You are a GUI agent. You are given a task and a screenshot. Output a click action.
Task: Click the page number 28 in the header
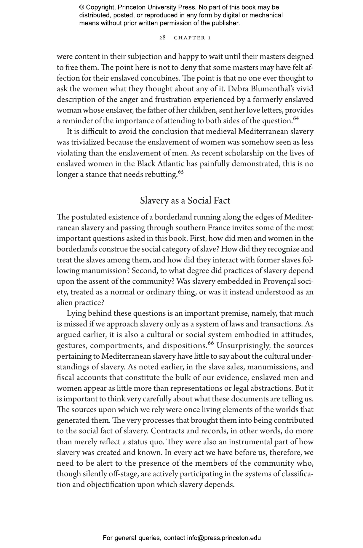click(x=162, y=38)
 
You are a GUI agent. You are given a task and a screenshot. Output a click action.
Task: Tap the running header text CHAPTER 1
click(x=192, y=38)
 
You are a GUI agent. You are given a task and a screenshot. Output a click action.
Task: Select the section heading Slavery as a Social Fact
click(x=185, y=201)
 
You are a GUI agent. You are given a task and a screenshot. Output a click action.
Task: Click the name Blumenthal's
click(x=271, y=89)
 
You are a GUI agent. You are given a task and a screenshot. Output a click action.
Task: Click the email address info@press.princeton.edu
click(x=224, y=538)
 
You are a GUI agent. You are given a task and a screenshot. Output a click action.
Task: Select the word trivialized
click(x=88, y=142)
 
